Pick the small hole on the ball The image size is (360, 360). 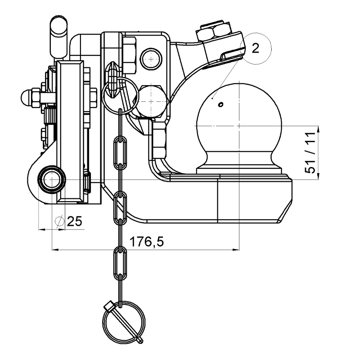click(x=220, y=104)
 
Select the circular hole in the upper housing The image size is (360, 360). click(x=150, y=56)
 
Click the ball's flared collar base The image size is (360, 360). click(x=238, y=166)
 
